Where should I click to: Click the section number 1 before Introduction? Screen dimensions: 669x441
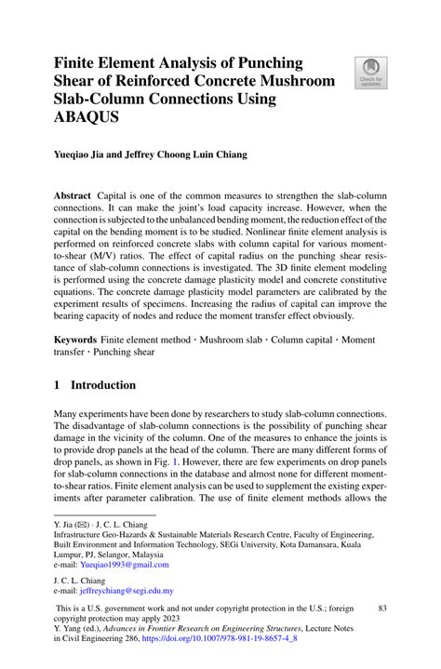[58, 385]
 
